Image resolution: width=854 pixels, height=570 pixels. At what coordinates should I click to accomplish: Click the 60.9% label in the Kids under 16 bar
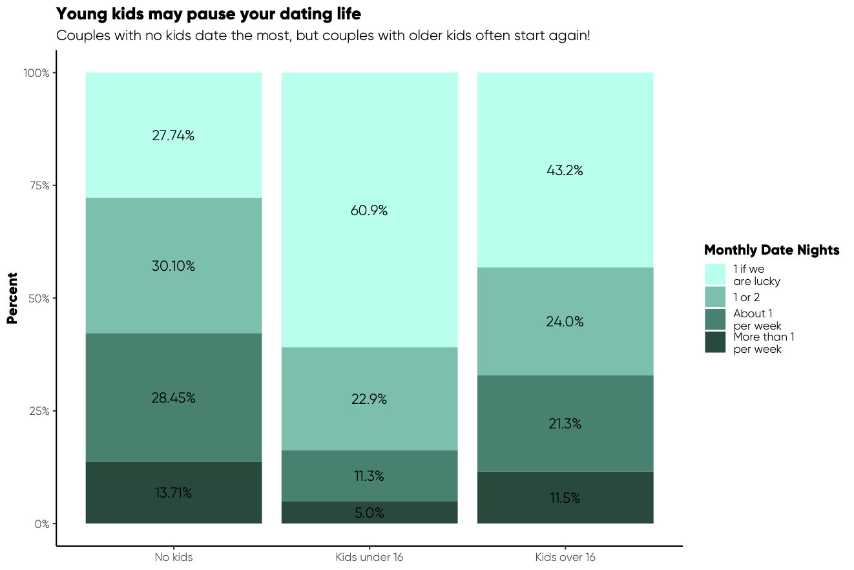click(x=370, y=211)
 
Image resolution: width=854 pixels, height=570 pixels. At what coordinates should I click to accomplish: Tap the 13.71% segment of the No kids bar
click(x=173, y=492)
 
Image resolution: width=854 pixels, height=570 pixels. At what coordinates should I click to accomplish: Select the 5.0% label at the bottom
click(x=370, y=513)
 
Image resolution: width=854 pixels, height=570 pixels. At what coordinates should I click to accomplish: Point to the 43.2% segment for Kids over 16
click(x=565, y=171)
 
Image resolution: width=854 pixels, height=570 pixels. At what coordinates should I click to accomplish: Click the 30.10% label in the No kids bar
click(x=173, y=266)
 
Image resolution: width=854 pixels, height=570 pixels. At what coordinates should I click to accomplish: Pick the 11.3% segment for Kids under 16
click(x=370, y=476)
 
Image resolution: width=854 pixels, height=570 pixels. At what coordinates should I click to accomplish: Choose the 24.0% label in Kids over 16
click(x=565, y=322)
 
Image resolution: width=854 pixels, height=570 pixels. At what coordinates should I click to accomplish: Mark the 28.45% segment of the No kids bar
click(x=173, y=398)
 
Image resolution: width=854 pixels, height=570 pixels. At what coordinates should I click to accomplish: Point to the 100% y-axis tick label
click(x=37, y=73)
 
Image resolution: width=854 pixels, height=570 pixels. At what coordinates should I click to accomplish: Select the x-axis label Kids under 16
click(x=370, y=557)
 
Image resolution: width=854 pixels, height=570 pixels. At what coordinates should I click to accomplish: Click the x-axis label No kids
click(x=173, y=557)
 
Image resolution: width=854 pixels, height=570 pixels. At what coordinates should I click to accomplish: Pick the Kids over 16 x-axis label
click(x=565, y=557)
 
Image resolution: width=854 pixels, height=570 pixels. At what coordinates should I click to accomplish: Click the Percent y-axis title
click(x=12, y=298)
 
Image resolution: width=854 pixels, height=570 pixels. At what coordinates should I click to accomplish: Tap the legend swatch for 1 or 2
click(x=715, y=297)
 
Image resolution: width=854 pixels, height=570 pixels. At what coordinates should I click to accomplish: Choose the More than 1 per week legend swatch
click(x=715, y=343)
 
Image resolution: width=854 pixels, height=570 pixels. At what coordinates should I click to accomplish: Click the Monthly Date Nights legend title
click(x=771, y=250)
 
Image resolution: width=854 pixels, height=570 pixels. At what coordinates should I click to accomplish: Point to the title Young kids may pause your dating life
click(x=209, y=14)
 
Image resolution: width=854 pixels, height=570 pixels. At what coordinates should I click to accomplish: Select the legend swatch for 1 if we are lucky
click(x=715, y=274)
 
